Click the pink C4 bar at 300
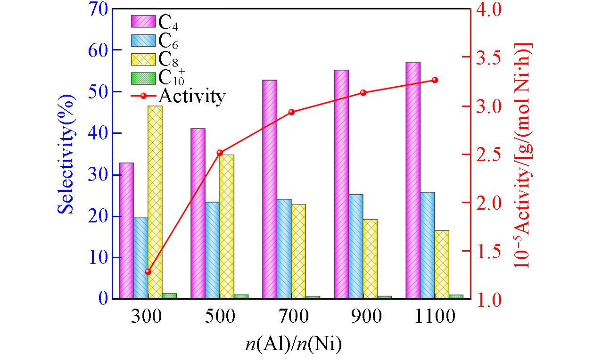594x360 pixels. pyautogui.click(x=126, y=230)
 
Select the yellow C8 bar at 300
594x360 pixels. pyautogui.click(x=155, y=202)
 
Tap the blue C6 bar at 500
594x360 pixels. pyautogui.click(x=212, y=250)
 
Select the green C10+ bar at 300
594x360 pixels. pyautogui.click(x=169, y=296)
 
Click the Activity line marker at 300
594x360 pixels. pyautogui.click(x=148, y=272)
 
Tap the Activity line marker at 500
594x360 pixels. pyautogui.click(x=220, y=153)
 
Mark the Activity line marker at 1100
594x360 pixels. pyautogui.click(x=435, y=80)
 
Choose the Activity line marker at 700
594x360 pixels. pyautogui.click(x=291, y=112)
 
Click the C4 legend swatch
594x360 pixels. pyautogui.click(x=143, y=22)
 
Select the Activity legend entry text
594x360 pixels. pyautogui.click(x=192, y=96)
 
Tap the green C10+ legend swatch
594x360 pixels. pyautogui.click(x=143, y=77)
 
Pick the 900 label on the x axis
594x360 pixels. pyautogui.click(x=363, y=316)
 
